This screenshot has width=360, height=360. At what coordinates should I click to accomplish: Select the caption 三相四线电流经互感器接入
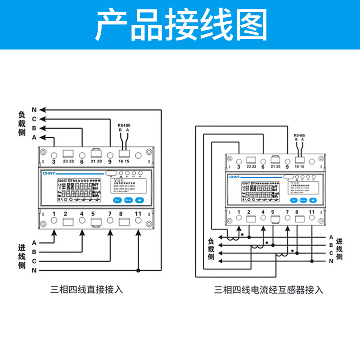(x=269, y=290)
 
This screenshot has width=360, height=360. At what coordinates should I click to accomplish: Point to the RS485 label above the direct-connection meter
(x=124, y=125)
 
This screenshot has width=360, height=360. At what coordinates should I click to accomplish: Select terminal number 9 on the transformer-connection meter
(x=287, y=166)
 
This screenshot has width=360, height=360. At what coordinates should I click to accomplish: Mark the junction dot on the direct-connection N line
(x=138, y=270)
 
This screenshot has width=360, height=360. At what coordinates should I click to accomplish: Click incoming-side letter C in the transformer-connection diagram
(x=331, y=253)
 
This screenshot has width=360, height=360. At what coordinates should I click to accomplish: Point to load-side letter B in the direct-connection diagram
(x=34, y=128)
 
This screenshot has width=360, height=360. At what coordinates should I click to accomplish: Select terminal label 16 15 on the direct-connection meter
(x=124, y=161)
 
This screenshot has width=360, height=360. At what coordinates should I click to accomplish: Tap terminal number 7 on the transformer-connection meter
(x=287, y=211)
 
